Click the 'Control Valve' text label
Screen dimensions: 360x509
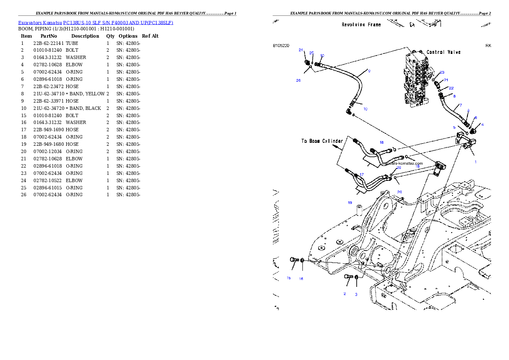click(444, 52)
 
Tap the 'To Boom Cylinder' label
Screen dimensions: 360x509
click(322, 141)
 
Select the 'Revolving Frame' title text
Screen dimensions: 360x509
click(361, 25)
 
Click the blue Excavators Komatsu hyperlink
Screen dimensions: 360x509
click(95, 23)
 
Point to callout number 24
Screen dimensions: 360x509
click(301, 50)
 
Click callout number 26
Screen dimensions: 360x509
click(299, 80)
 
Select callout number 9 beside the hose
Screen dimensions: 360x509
click(369, 71)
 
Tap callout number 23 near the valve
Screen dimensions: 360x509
click(442, 72)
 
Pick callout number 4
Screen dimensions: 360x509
click(482, 124)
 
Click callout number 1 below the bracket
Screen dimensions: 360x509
click(475, 162)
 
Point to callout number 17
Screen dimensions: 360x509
click(361, 174)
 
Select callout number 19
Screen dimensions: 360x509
click(350, 202)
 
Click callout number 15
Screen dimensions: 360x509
click(289, 278)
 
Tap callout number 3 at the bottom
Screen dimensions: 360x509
click(356, 294)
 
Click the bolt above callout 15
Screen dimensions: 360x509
click(293, 260)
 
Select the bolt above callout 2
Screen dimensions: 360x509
click(349, 277)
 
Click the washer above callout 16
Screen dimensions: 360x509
click(302, 260)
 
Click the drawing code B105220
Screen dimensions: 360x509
click(281, 45)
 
